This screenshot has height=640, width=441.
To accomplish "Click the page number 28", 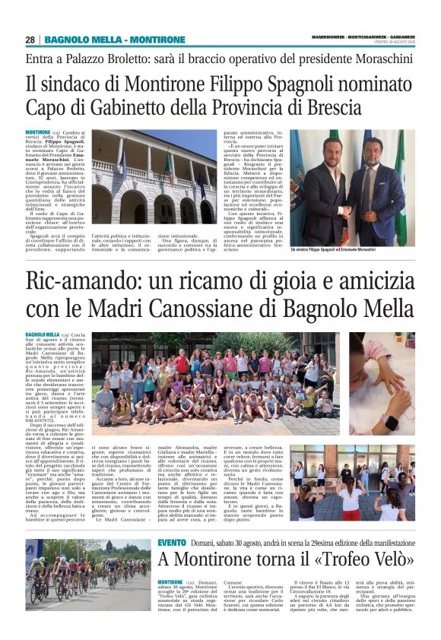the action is coord(30,40).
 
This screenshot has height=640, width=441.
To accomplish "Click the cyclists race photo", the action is coord(88,575).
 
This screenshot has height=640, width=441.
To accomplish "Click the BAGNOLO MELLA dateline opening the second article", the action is coord(43,334).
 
